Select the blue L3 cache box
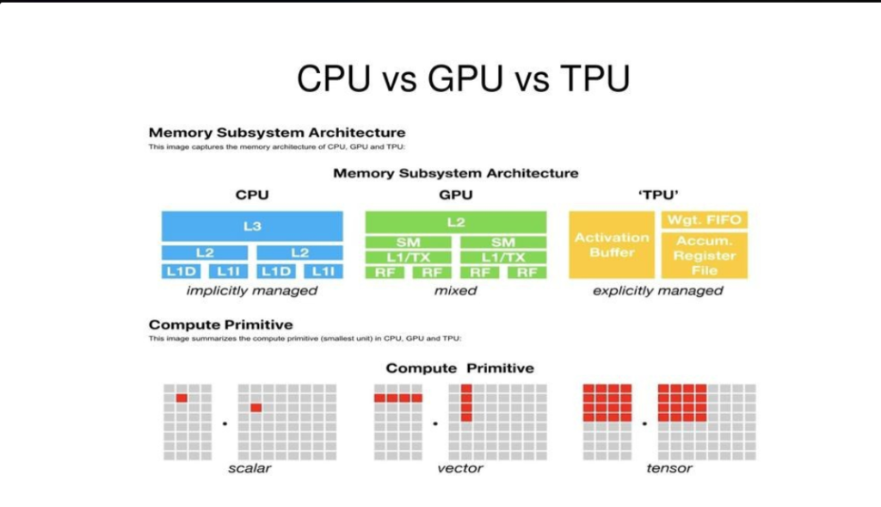click(252, 226)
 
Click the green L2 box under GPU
click(455, 222)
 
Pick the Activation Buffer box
click(612, 245)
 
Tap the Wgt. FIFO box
click(704, 220)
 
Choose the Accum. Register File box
click(704, 256)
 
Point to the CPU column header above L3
click(252, 195)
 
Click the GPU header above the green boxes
click(455, 195)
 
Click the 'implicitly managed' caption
click(252, 291)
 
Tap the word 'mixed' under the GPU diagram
click(455, 291)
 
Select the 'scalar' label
click(250, 468)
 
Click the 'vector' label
click(460, 468)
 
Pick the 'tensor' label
click(669, 468)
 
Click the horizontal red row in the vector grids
click(398, 398)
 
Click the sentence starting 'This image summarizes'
click(305, 338)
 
